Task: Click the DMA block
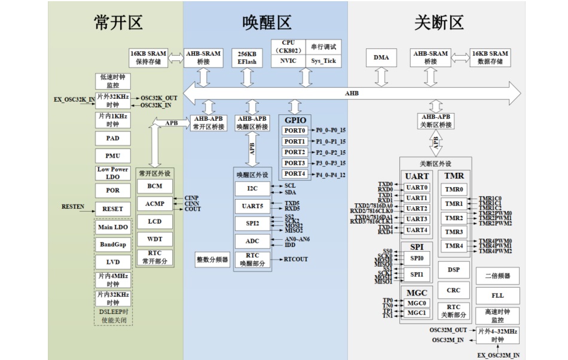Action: click(x=381, y=57)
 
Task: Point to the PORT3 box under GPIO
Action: click(x=295, y=163)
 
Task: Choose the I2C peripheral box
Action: click(x=253, y=189)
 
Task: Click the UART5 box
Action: click(x=253, y=206)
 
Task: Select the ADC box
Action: click(x=253, y=242)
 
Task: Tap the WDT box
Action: click(x=154, y=239)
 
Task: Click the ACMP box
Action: click(x=154, y=204)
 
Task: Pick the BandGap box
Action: click(x=113, y=245)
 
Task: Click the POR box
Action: click(x=113, y=190)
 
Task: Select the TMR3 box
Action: click(x=454, y=232)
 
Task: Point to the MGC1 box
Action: click(x=416, y=313)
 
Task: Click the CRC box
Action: click(x=453, y=290)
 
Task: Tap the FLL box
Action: click(x=497, y=295)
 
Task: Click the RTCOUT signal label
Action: click(x=296, y=260)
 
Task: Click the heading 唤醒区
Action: click(x=266, y=23)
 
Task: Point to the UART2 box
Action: click(x=417, y=209)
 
